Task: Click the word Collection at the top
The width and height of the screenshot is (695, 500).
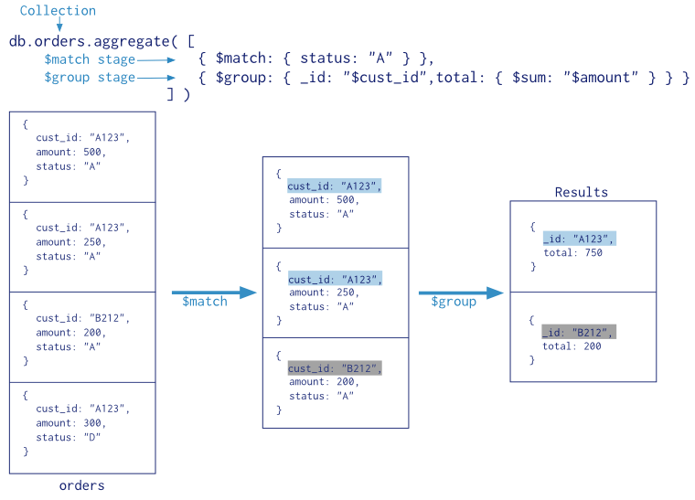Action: pos(58,11)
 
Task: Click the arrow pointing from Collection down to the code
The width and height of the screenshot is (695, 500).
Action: pos(59,27)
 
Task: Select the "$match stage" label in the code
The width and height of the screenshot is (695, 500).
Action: pos(90,59)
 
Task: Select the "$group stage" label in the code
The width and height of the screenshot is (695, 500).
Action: pos(90,78)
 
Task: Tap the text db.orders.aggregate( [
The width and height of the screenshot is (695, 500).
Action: pos(102,41)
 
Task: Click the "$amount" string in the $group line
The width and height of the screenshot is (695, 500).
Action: pos(600,78)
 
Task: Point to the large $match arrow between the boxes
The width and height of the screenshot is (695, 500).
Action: pos(214,293)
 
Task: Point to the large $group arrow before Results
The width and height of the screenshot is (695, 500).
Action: pos(461,293)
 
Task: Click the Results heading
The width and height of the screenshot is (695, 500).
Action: pos(581,192)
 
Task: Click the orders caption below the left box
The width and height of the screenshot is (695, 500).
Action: pos(81,485)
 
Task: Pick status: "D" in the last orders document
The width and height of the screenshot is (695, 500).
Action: pos(69,438)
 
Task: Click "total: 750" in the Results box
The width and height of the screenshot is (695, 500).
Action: pos(572,253)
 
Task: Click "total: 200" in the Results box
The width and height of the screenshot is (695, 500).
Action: pos(572,346)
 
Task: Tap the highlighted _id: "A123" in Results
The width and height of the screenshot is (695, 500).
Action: pos(579,239)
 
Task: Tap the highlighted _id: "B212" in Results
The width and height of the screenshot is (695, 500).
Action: pos(579,332)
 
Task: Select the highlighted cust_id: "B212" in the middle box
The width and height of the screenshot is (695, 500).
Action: pos(335,368)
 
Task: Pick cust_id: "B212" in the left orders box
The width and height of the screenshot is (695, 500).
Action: pos(82,318)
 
